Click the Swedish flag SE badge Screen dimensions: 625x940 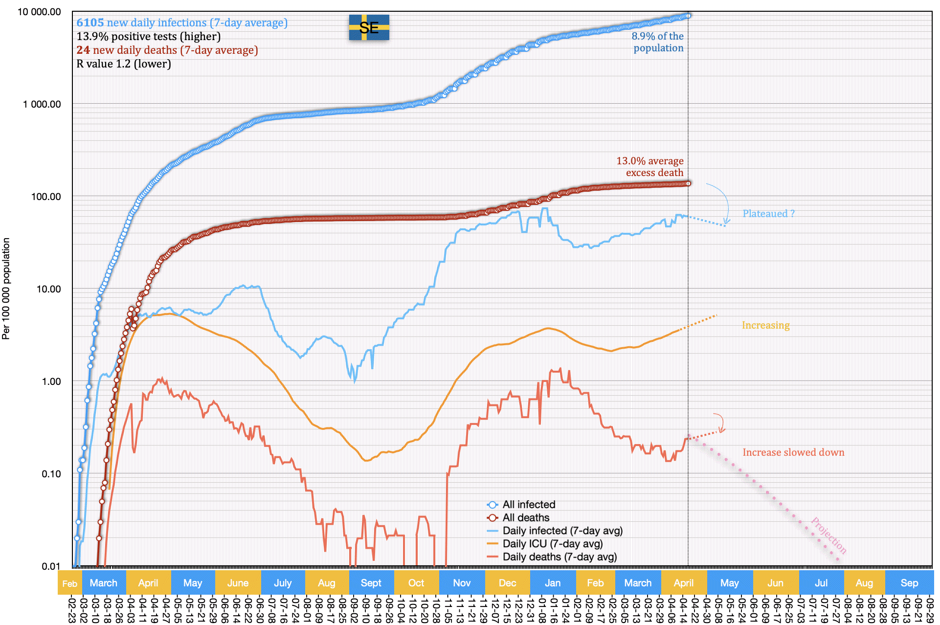tap(369, 27)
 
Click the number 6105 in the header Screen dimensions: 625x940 tap(90, 22)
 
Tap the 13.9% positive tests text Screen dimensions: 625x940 tap(148, 36)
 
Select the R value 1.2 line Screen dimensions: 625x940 tap(123, 64)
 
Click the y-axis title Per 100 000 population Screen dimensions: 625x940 tap(6, 288)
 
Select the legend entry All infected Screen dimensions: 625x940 tap(528, 504)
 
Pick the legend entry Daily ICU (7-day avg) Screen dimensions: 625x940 tap(552, 543)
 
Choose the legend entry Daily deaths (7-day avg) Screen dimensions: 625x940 tap(559, 557)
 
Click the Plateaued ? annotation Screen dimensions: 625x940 tap(768, 214)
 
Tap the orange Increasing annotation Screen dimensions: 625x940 tap(765, 325)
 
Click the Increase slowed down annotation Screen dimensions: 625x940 tap(793, 452)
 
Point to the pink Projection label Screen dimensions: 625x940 tap(828, 535)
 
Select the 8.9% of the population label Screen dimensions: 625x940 tap(658, 42)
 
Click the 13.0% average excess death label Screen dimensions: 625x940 tap(650, 167)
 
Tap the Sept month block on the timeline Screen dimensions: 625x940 tap(371, 583)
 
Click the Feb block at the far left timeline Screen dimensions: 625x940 tap(69, 583)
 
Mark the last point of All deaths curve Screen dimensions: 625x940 tap(688, 183)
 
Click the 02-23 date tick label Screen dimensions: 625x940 tap(72, 609)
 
